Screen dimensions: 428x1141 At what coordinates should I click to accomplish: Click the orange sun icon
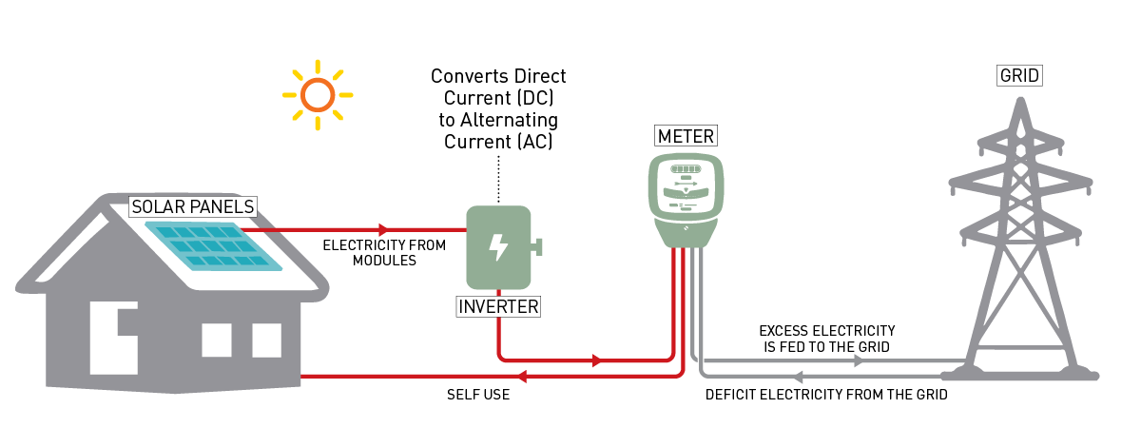point(318,95)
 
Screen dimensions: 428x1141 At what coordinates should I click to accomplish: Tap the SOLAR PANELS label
point(193,206)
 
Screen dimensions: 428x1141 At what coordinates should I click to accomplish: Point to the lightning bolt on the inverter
point(497,247)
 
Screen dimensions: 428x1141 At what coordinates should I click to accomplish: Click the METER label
point(686,136)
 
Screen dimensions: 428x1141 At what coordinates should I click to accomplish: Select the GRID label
point(1018,75)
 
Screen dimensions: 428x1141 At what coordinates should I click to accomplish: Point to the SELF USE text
point(478,395)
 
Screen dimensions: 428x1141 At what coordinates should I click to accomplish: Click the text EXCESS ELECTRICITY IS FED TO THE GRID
point(826,339)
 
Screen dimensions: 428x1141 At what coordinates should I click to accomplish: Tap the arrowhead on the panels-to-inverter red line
point(383,229)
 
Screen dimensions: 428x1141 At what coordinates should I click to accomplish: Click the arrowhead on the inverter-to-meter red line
point(596,360)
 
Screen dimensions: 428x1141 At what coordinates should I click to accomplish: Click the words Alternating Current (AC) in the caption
point(501,132)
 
